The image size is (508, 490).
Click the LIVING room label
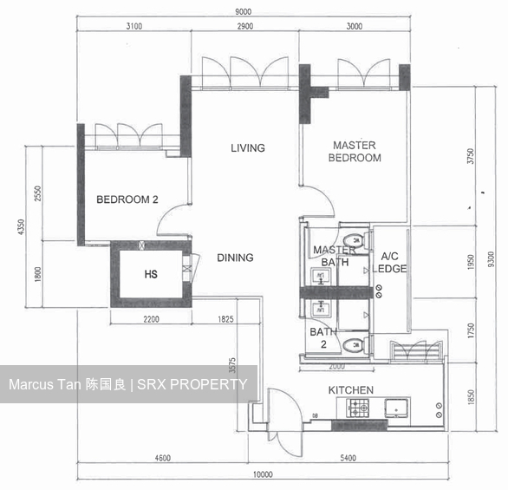247,148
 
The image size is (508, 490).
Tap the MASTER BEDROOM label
355,152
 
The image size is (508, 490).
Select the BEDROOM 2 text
127,199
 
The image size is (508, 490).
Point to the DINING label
235,258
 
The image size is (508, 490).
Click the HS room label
150,274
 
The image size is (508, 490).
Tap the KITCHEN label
350,390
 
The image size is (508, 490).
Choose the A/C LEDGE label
389,263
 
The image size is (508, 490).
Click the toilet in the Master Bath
352,240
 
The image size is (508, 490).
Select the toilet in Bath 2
352,346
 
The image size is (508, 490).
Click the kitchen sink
399,407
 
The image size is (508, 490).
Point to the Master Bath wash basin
320,277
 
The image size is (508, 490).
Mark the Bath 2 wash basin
320,307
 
